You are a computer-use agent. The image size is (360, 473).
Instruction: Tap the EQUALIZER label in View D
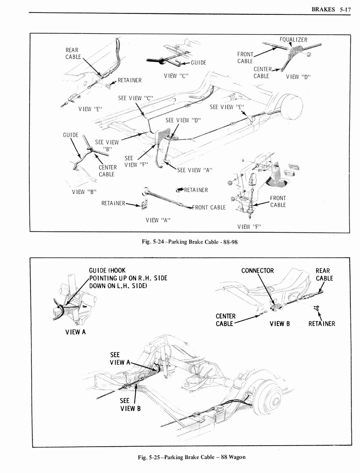click(293, 40)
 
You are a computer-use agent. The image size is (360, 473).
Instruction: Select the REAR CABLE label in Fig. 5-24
click(72, 53)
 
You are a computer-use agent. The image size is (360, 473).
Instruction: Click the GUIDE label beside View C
click(198, 63)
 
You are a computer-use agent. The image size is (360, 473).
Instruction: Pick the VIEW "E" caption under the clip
click(90, 109)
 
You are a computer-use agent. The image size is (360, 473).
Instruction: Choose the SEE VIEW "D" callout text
click(183, 120)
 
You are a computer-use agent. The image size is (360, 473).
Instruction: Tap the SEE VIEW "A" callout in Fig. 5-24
click(195, 170)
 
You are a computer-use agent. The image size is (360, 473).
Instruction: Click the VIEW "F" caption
click(249, 226)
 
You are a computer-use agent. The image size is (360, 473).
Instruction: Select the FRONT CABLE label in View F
click(278, 201)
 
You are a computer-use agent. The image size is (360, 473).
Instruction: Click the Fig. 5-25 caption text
click(192, 457)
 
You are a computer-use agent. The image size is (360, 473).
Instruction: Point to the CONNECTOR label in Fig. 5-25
click(258, 271)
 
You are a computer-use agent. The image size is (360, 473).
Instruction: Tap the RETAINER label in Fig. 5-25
click(322, 324)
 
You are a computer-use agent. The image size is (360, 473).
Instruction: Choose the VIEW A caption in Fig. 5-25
click(74, 332)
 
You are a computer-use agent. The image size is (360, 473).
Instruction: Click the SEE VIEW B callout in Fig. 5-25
click(127, 404)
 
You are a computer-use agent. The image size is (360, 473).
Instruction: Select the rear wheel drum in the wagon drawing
click(268, 396)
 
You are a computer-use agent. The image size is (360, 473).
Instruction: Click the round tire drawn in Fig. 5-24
click(291, 106)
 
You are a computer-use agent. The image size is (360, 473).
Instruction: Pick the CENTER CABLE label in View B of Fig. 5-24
click(108, 170)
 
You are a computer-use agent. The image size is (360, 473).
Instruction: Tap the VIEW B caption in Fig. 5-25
click(280, 323)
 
